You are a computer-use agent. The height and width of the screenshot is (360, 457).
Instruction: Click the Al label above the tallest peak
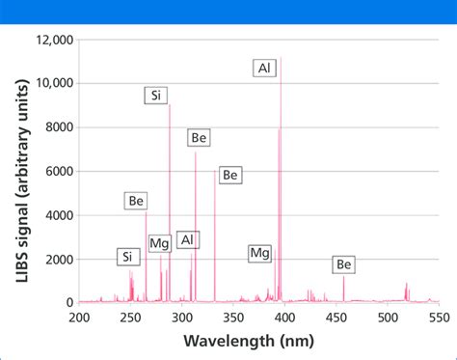coord(264,68)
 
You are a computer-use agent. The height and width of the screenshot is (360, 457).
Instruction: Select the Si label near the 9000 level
coord(157,95)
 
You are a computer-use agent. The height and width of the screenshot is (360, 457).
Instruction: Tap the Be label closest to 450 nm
coord(344,264)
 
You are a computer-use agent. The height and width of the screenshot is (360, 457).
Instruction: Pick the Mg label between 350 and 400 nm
coord(259,253)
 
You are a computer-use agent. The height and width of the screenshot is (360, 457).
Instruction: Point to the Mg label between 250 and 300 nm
coord(157,243)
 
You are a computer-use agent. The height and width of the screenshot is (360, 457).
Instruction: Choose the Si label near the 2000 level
coord(126,257)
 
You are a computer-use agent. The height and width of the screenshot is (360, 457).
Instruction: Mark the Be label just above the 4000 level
coord(136,201)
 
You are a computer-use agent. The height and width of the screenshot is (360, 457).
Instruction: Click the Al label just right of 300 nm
coord(187,239)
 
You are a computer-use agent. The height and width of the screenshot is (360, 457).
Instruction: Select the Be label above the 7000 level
coord(199,138)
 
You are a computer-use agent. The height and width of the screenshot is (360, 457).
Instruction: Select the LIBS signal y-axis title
coord(21,171)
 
